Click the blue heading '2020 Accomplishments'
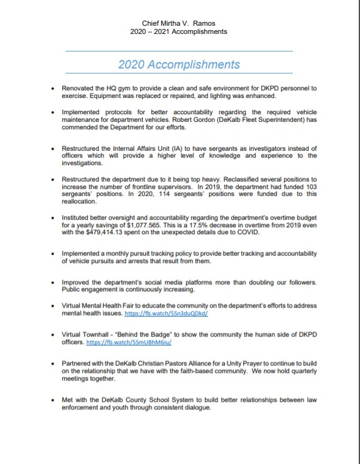tap(179, 64)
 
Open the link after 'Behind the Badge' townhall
tap(139, 342)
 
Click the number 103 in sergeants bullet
tap(310, 187)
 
